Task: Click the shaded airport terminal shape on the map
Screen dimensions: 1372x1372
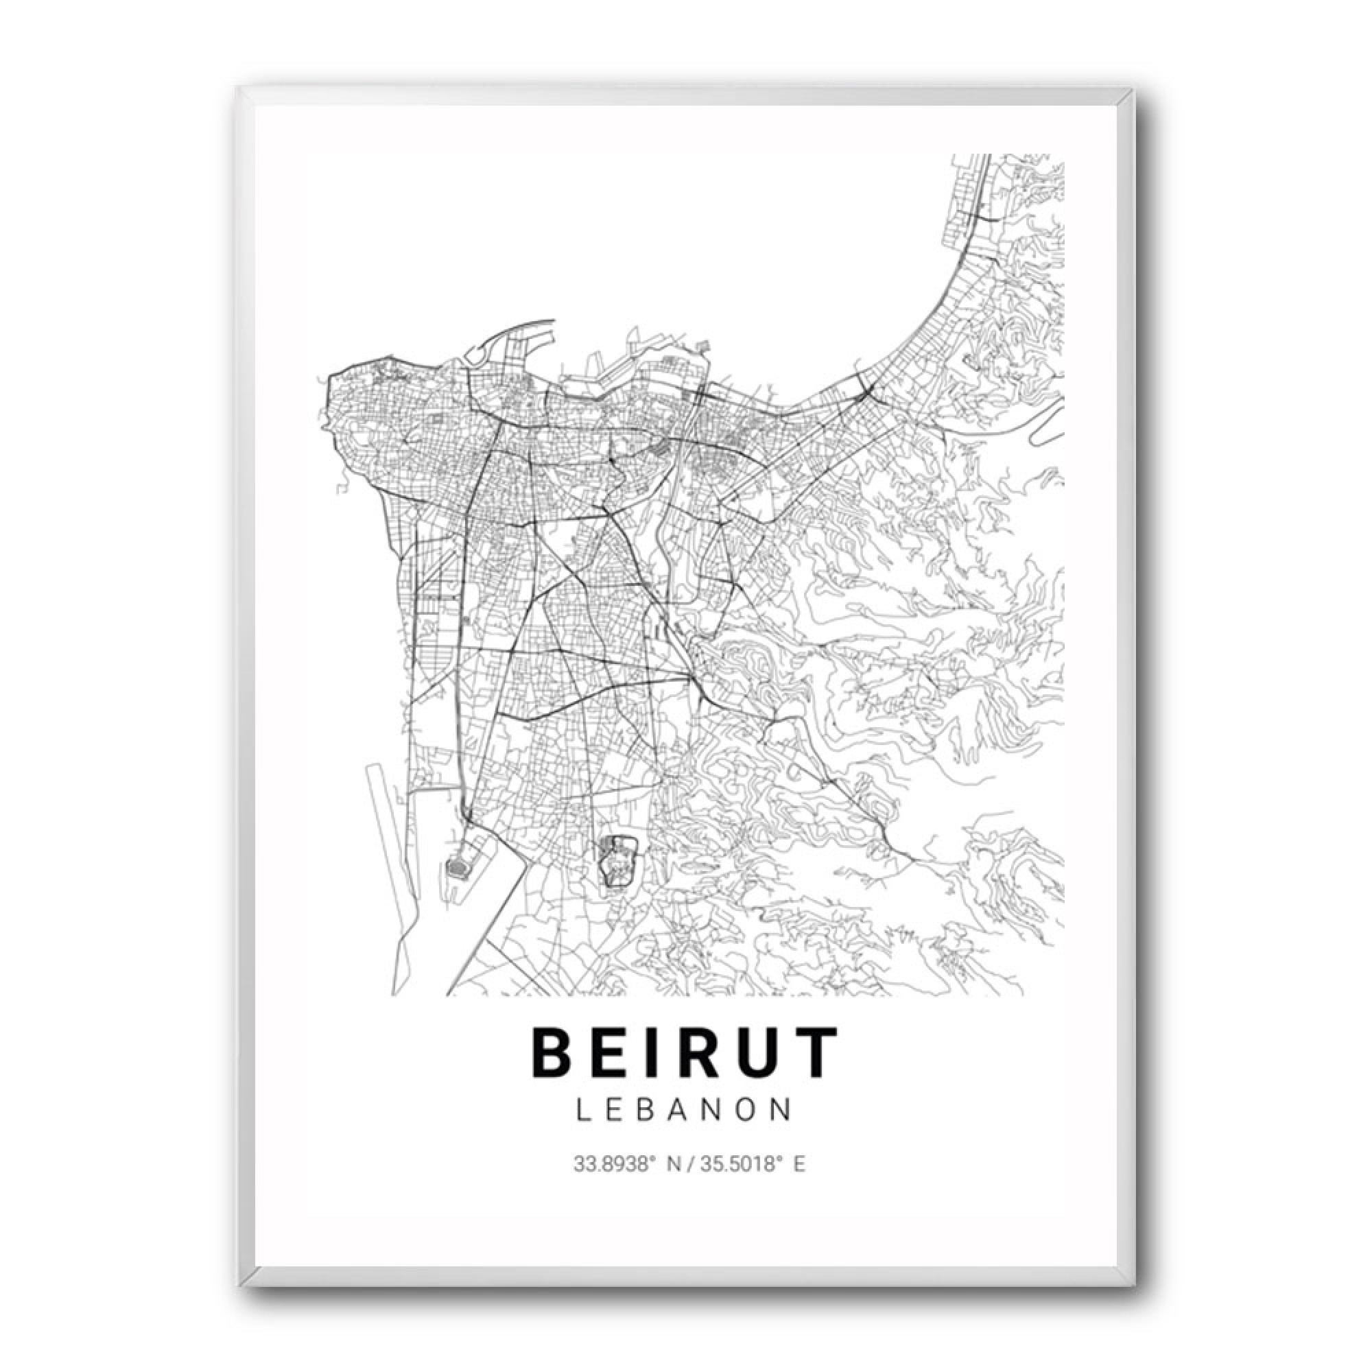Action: pos(457,867)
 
